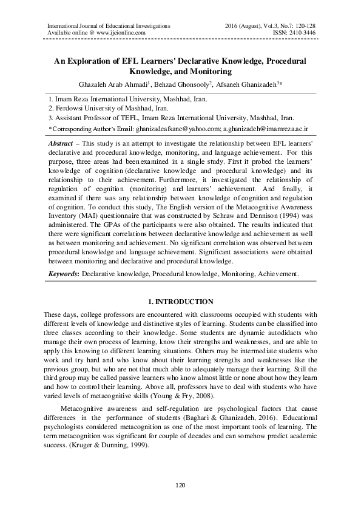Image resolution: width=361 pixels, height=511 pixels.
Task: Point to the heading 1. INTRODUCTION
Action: click(180, 302)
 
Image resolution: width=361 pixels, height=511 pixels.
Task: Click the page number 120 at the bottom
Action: click(180, 486)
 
